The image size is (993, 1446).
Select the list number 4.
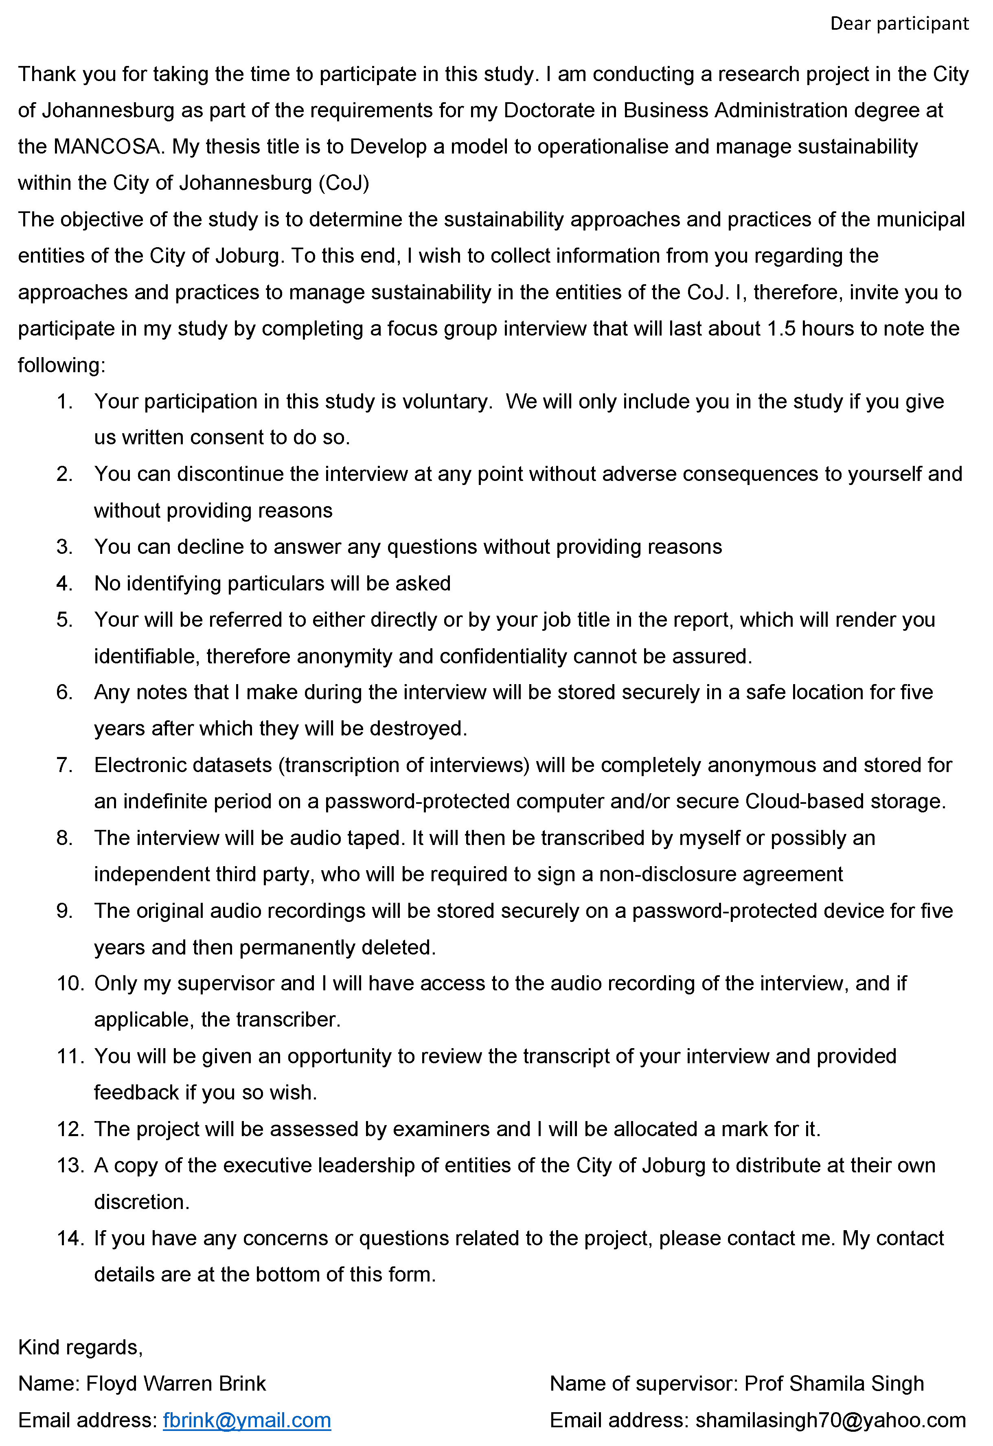tap(64, 584)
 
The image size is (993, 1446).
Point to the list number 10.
tap(70, 984)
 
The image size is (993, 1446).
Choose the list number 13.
tap(70, 1165)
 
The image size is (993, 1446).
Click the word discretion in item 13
tap(141, 1202)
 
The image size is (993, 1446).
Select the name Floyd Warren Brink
tap(176, 1384)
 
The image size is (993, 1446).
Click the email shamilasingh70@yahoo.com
tap(830, 1420)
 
